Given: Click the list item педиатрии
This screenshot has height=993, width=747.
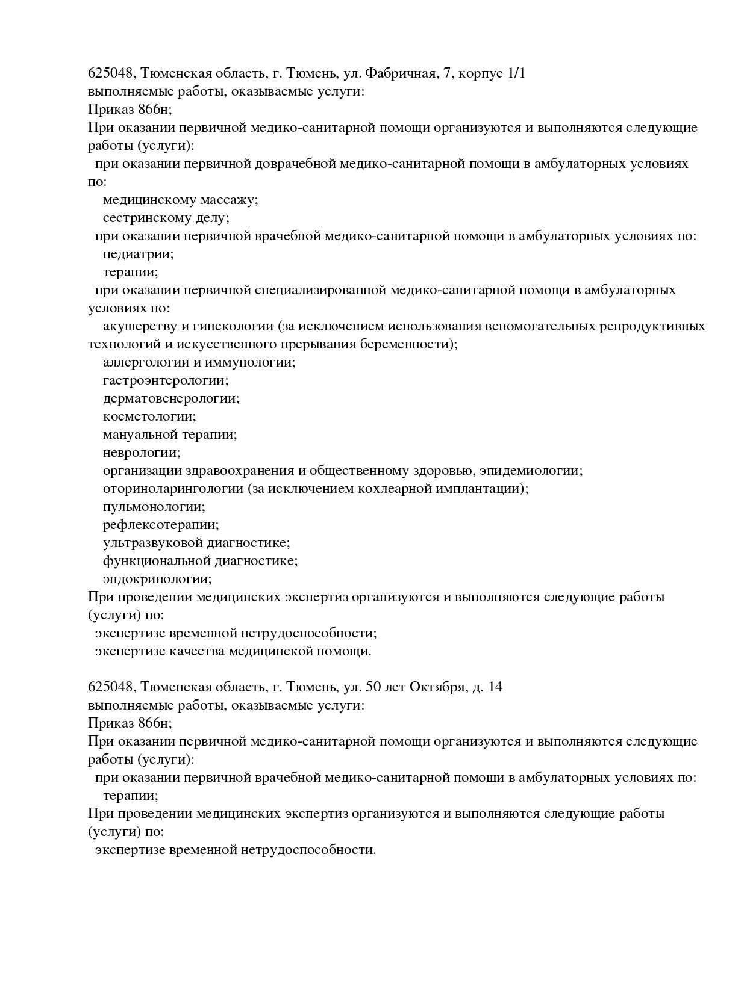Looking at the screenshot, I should [x=139, y=254].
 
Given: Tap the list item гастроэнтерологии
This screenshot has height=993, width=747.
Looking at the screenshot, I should [x=166, y=380].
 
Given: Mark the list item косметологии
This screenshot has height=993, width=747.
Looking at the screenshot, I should [x=149, y=416].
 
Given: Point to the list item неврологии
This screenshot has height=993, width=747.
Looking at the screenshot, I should [x=142, y=453].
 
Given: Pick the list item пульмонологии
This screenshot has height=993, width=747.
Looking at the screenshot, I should [x=154, y=507].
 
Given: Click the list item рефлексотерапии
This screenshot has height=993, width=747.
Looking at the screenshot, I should [x=161, y=525].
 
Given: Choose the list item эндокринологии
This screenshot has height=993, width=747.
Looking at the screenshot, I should [x=157, y=579].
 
